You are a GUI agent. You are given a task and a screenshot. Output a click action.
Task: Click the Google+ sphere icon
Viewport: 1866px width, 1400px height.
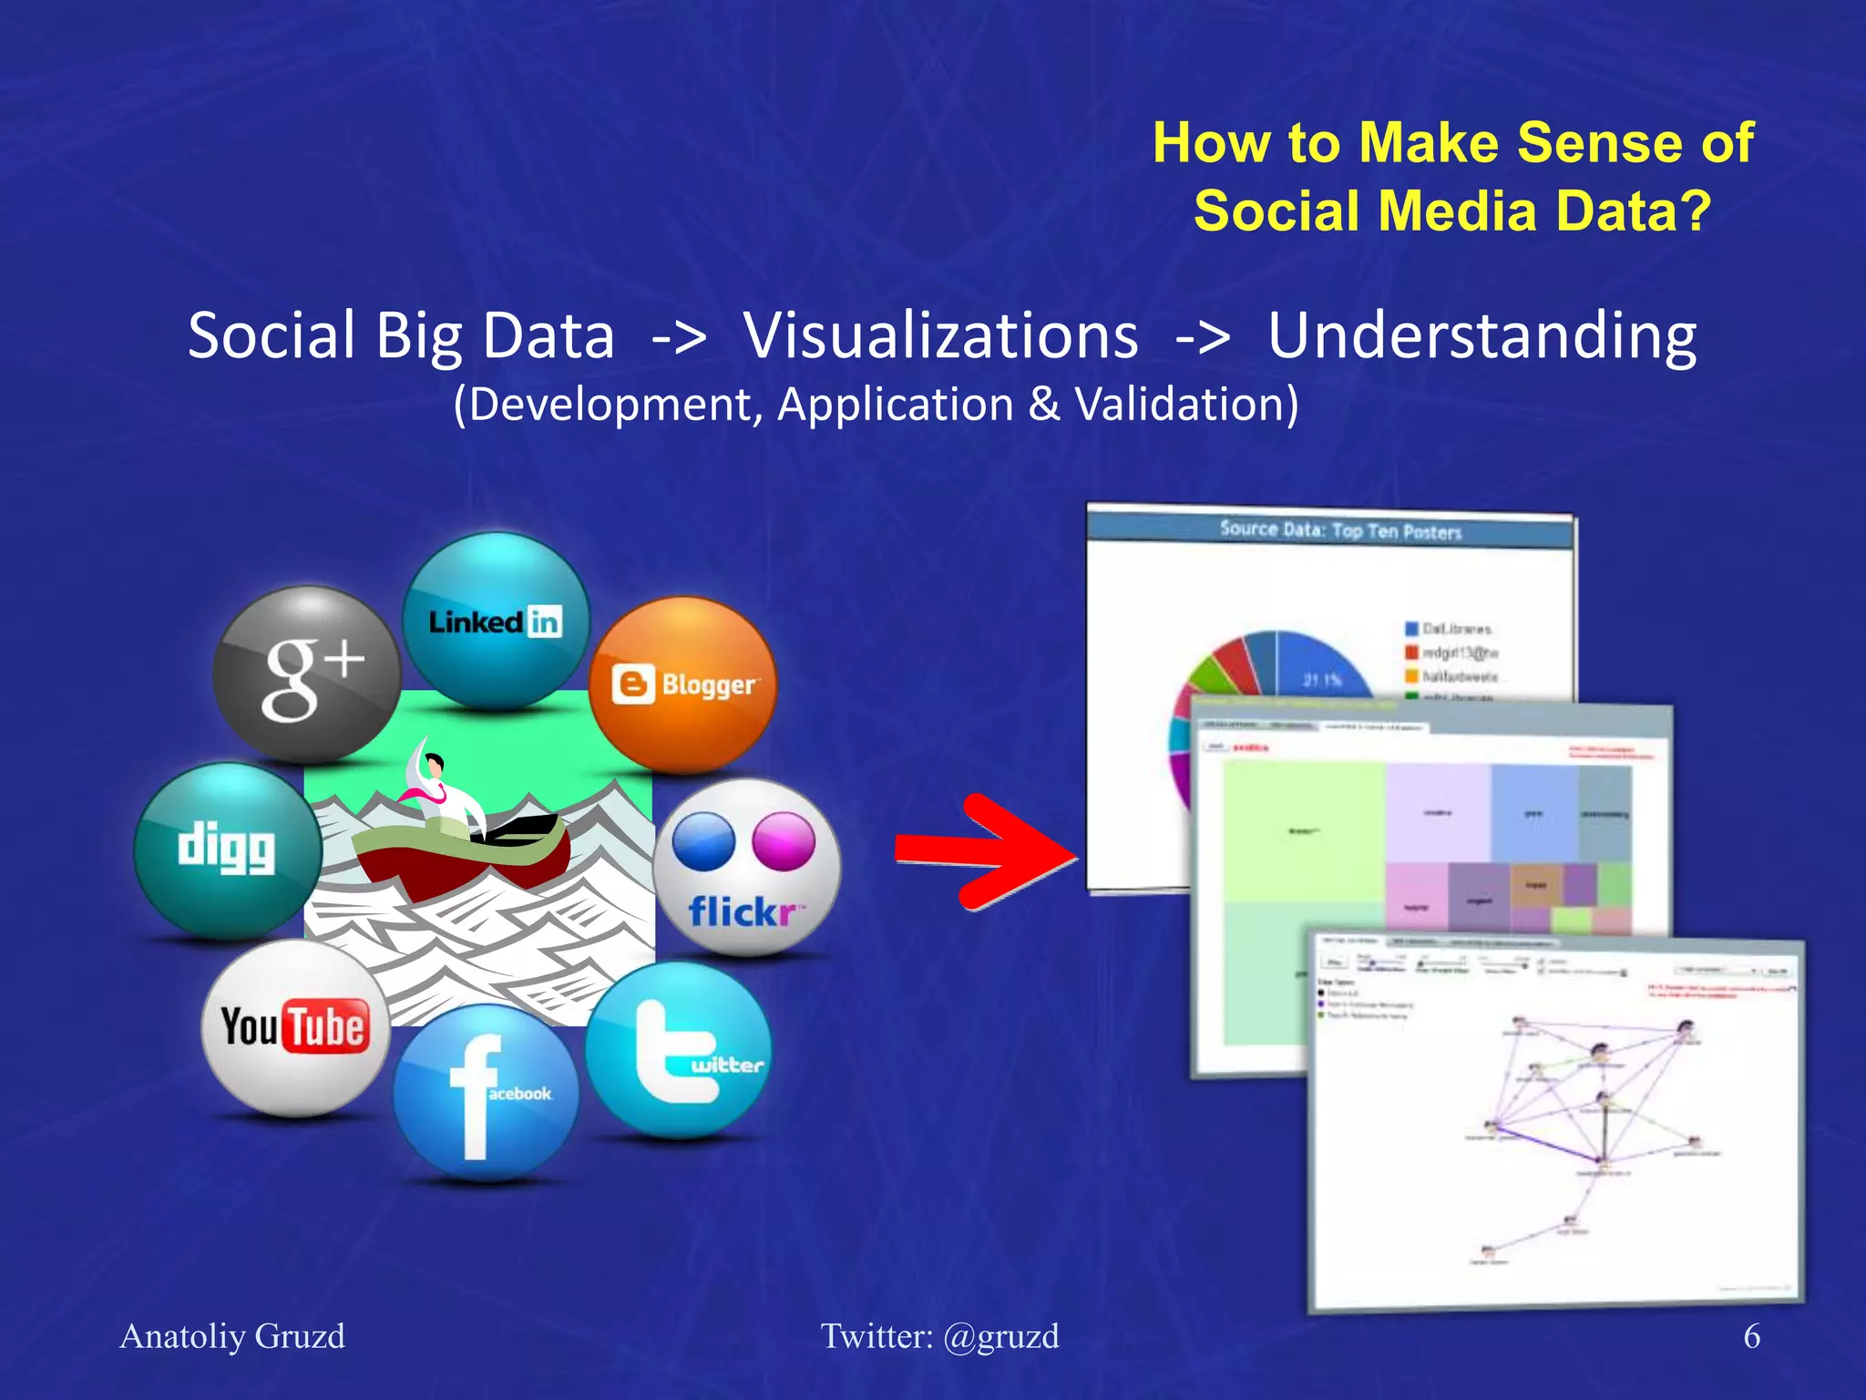pyautogui.click(x=307, y=674)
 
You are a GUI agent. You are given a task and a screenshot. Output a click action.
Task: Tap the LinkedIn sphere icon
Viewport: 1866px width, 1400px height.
pyautogui.click(x=496, y=621)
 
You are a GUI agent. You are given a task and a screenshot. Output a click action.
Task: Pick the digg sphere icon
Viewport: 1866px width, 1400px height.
pyautogui.click(x=228, y=850)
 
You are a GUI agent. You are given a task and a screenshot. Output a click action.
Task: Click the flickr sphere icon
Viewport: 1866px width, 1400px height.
pyautogui.click(x=747, y=867)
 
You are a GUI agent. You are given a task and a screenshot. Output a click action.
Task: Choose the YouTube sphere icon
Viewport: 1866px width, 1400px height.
pyautogui.click(x=294, y=1028)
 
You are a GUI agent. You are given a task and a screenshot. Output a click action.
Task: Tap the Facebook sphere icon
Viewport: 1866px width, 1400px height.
pyautogui.click(x=486, y=1093)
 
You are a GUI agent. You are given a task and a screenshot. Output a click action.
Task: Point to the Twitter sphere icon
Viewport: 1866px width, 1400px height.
pyautogui.click(x=679, y=1051)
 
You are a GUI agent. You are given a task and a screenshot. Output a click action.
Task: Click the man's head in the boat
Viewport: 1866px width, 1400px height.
pyautogui.click(x=435, y=765)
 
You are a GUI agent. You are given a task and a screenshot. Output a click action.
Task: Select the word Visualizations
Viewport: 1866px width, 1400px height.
pyautogui.click(x=940, y=335)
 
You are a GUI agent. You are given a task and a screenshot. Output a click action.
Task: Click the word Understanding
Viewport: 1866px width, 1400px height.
pyautogui.click(x=1482, y=335)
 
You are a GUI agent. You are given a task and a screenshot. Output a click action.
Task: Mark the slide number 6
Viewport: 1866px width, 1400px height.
pyautogui.click(x=1750, y=1336)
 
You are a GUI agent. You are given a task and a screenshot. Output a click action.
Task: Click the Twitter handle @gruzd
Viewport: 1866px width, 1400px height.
pyautogui.click(x=1000, y=1336)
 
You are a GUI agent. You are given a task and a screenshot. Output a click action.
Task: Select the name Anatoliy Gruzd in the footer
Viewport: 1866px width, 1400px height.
pyautogui.click(x=232, y=1336)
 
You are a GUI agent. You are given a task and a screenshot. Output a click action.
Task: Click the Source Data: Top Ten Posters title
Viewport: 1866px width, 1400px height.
pyautogui.click(x=1339, y=530)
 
